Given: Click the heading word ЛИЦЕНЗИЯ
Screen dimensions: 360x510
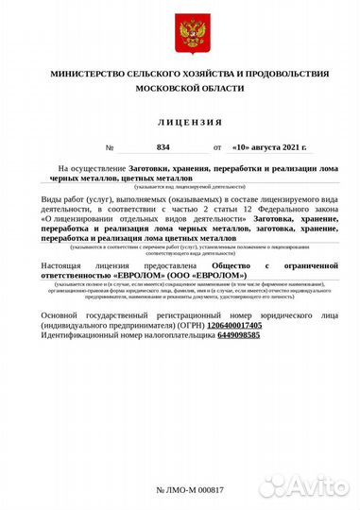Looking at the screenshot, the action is click(190, 123).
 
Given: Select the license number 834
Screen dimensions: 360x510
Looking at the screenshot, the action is click(163, 148).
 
